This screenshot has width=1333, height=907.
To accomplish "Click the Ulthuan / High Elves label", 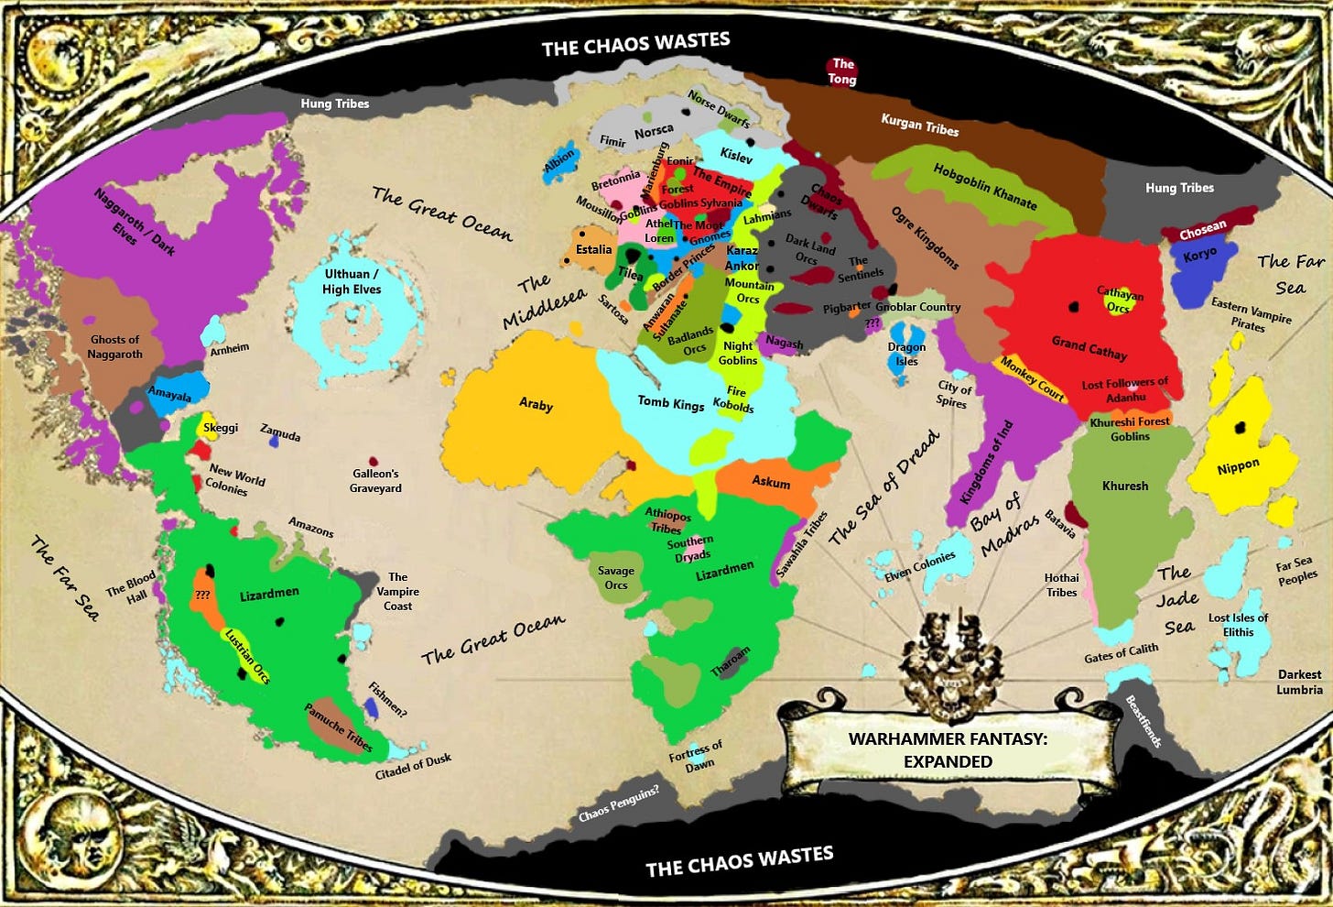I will pos(352,281).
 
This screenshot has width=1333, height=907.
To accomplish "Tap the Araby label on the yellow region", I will pos(536,404).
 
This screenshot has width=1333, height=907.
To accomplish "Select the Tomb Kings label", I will pos(671,402).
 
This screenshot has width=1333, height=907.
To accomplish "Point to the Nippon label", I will pos(1238,467).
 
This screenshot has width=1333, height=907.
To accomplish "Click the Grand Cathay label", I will pos(1089,347).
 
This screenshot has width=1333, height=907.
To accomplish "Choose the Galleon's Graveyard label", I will pos(375,480).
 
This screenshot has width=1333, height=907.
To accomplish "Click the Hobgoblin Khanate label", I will pos(985,186).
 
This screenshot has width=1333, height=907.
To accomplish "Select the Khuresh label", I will pos(1125,486).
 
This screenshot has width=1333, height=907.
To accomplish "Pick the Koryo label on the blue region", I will pos(1199,255).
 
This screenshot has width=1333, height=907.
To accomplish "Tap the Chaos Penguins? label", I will pos(618,803).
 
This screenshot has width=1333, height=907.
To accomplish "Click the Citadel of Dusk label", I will pos(413,767).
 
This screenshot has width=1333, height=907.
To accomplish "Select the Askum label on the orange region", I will pos(771,482).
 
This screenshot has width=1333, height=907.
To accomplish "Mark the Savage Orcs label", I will pos(616,577).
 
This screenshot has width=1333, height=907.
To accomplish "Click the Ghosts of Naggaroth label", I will pos(115,346).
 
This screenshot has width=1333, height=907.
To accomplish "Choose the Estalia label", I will pos(593,249).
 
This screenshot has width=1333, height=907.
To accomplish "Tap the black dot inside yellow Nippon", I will pos(1240,427).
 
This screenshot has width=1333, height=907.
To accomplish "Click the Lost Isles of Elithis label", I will pos(1238,625).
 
